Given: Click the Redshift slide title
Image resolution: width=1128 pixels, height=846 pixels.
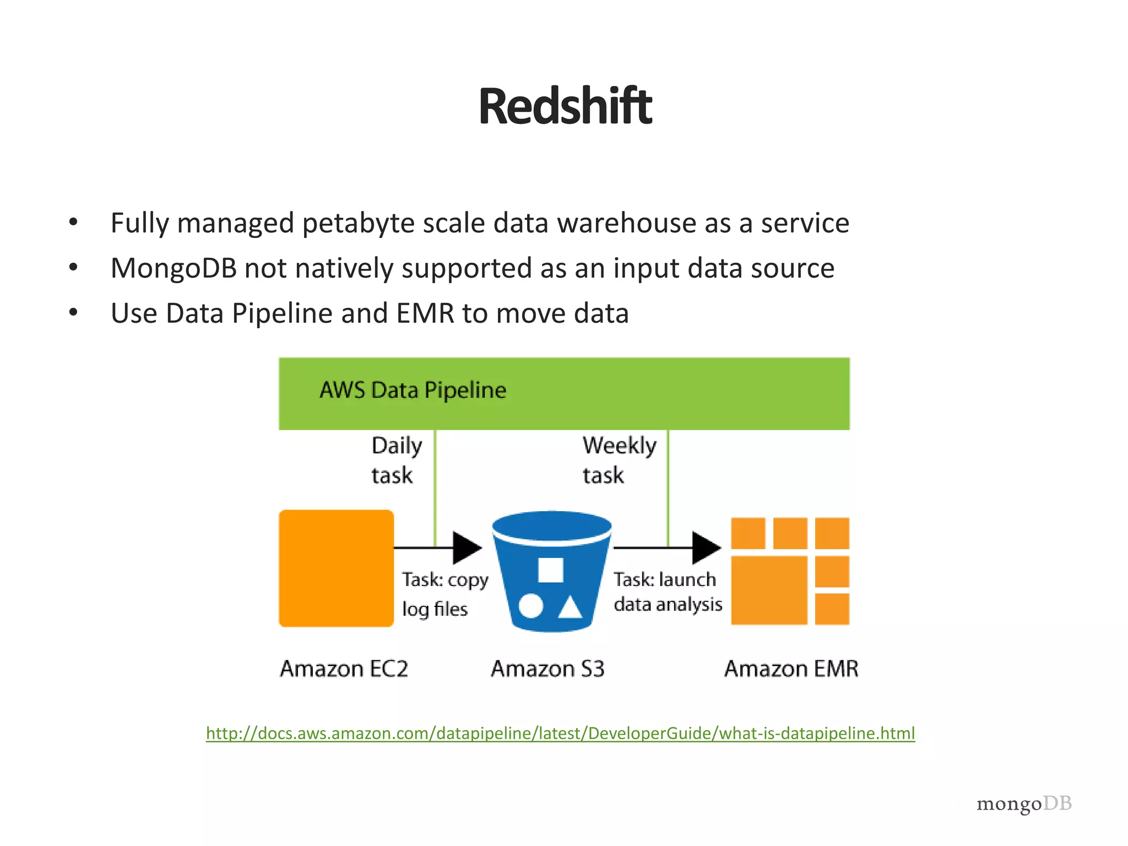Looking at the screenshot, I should [565, 106].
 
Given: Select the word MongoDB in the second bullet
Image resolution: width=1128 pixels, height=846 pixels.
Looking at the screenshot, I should [173, 268].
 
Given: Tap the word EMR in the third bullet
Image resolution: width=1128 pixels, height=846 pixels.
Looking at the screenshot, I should [425, 313].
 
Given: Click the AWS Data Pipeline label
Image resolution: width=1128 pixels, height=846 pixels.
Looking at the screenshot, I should [413, 390].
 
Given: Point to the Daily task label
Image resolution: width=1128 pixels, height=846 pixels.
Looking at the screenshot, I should [395, 460].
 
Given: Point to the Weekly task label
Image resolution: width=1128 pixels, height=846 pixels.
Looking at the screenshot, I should [619, 460].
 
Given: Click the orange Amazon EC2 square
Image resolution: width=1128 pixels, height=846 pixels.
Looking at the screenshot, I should [336, 568].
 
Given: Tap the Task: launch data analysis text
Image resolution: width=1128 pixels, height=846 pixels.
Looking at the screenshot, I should [667, 592].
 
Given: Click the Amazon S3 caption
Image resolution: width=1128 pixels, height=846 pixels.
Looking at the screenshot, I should [547, 669].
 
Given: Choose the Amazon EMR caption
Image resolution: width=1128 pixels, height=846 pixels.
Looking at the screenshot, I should [791, 669].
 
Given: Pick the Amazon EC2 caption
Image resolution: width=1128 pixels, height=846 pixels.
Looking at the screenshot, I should [344, 669].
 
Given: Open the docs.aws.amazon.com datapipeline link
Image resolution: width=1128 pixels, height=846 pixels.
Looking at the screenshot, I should [560, 733].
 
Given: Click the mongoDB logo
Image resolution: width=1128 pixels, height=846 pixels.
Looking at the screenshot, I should [1024, 804].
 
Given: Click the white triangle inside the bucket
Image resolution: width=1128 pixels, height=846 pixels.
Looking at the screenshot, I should [570, 607].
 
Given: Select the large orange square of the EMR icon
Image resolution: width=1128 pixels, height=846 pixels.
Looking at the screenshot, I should [769, 590].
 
